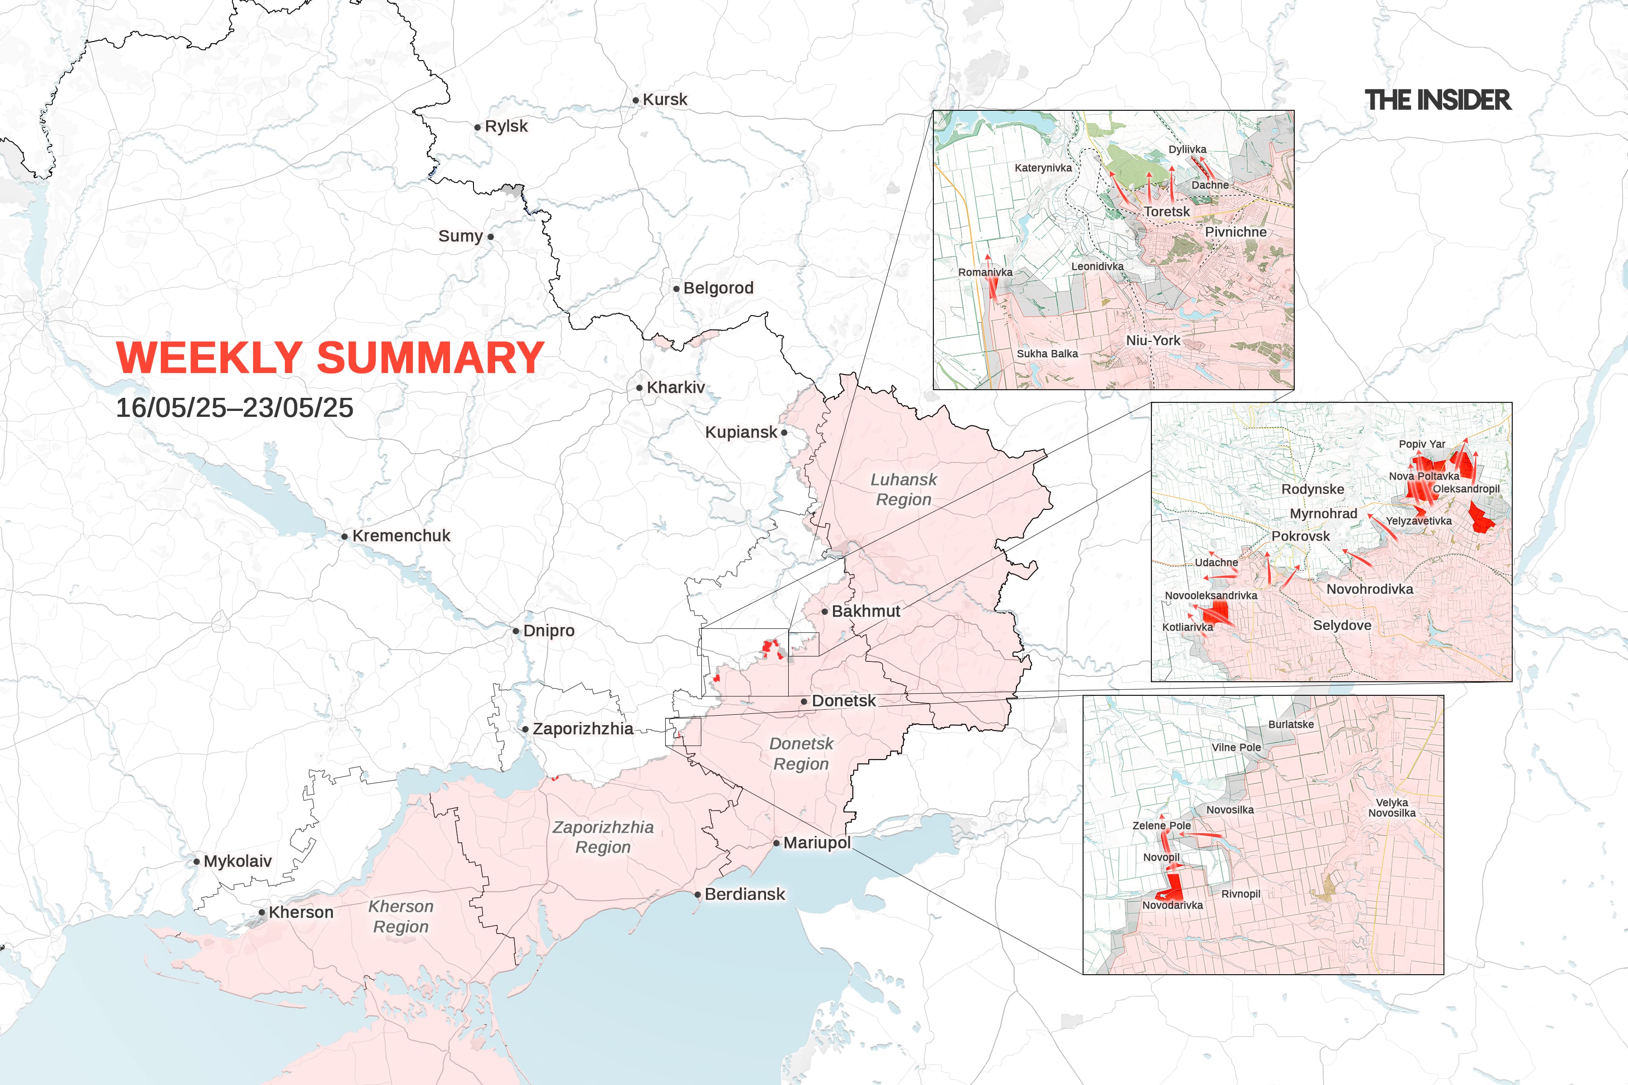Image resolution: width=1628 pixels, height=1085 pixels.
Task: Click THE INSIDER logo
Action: (1437, 100)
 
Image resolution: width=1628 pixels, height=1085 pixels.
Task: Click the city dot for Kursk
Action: (635, 100)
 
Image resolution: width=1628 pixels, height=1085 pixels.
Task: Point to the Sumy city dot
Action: (490, 236)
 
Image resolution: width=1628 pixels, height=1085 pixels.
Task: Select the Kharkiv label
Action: (676, 387)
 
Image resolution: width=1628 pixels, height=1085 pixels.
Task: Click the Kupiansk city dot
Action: (784, 433)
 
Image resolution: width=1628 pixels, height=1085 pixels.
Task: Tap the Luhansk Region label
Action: (903, 489)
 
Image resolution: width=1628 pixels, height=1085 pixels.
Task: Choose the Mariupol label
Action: (817, 843)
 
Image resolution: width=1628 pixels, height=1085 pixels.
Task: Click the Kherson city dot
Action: (262, 913)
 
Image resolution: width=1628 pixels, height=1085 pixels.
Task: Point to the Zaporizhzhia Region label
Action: (603, 837)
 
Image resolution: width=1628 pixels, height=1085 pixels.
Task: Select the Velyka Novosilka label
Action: (1391, 807)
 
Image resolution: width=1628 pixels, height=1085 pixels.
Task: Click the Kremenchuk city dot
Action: (345, 536)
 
